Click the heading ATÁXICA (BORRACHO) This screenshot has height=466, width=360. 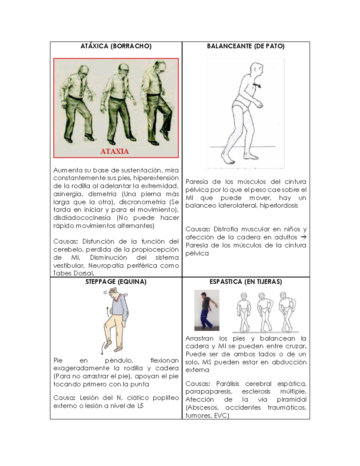coord(116,46)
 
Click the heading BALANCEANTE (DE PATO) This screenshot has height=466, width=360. coord(246,46)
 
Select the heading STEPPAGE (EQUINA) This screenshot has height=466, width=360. coord(116,282)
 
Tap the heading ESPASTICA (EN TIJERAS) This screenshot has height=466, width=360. coord(246,282)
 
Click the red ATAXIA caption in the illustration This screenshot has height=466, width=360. coord(114,151)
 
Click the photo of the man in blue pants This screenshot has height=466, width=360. coord(207,310)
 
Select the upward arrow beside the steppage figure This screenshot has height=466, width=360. coord(106,312)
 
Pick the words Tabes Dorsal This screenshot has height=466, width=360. coord(74,273)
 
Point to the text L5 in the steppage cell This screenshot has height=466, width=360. coord(140,406)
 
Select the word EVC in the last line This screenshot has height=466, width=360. coord(221,416)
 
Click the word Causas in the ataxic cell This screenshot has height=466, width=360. coord(65,242)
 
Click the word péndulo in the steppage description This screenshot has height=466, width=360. coord(119,360)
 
